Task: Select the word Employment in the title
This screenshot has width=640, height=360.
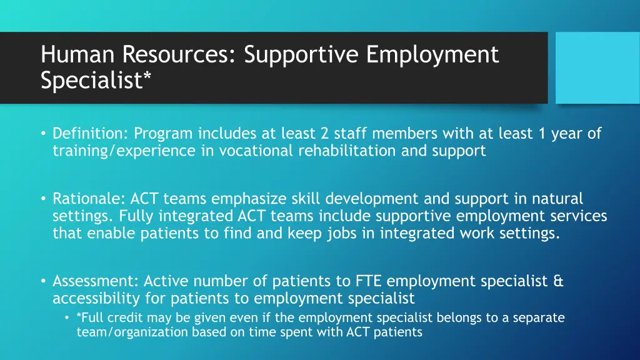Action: [x=432, y=55]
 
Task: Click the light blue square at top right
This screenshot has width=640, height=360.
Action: [x=597, y=67]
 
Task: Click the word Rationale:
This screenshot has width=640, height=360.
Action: [x=89, y=199]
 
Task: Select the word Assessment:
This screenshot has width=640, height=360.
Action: [x=96, y=282]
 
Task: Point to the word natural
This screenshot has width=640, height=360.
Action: [x=557, y=199]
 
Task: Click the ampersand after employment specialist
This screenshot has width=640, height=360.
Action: [x=558, y=282]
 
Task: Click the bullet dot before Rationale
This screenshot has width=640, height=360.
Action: [x=44, y=199]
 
